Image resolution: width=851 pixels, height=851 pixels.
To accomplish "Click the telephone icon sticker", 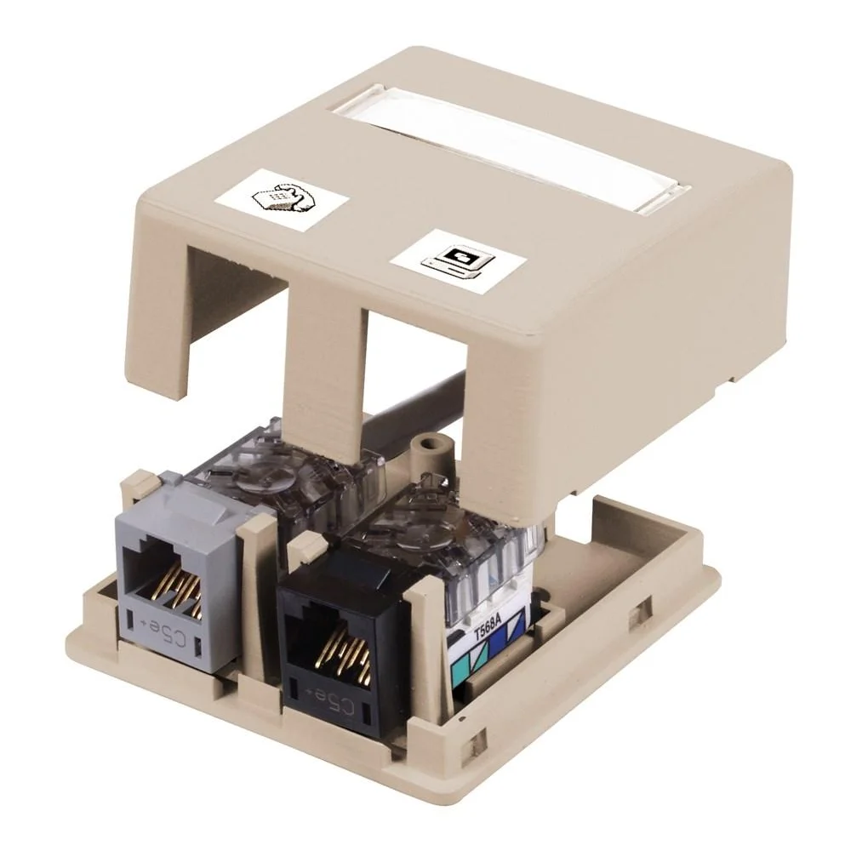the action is click(281, 197).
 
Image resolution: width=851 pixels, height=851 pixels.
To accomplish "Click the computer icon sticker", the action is click(458, 258).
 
